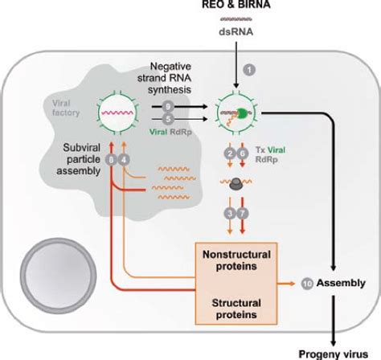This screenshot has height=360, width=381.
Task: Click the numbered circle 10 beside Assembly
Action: click(306, 283)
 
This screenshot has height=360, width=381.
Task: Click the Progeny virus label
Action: click(333, 352)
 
